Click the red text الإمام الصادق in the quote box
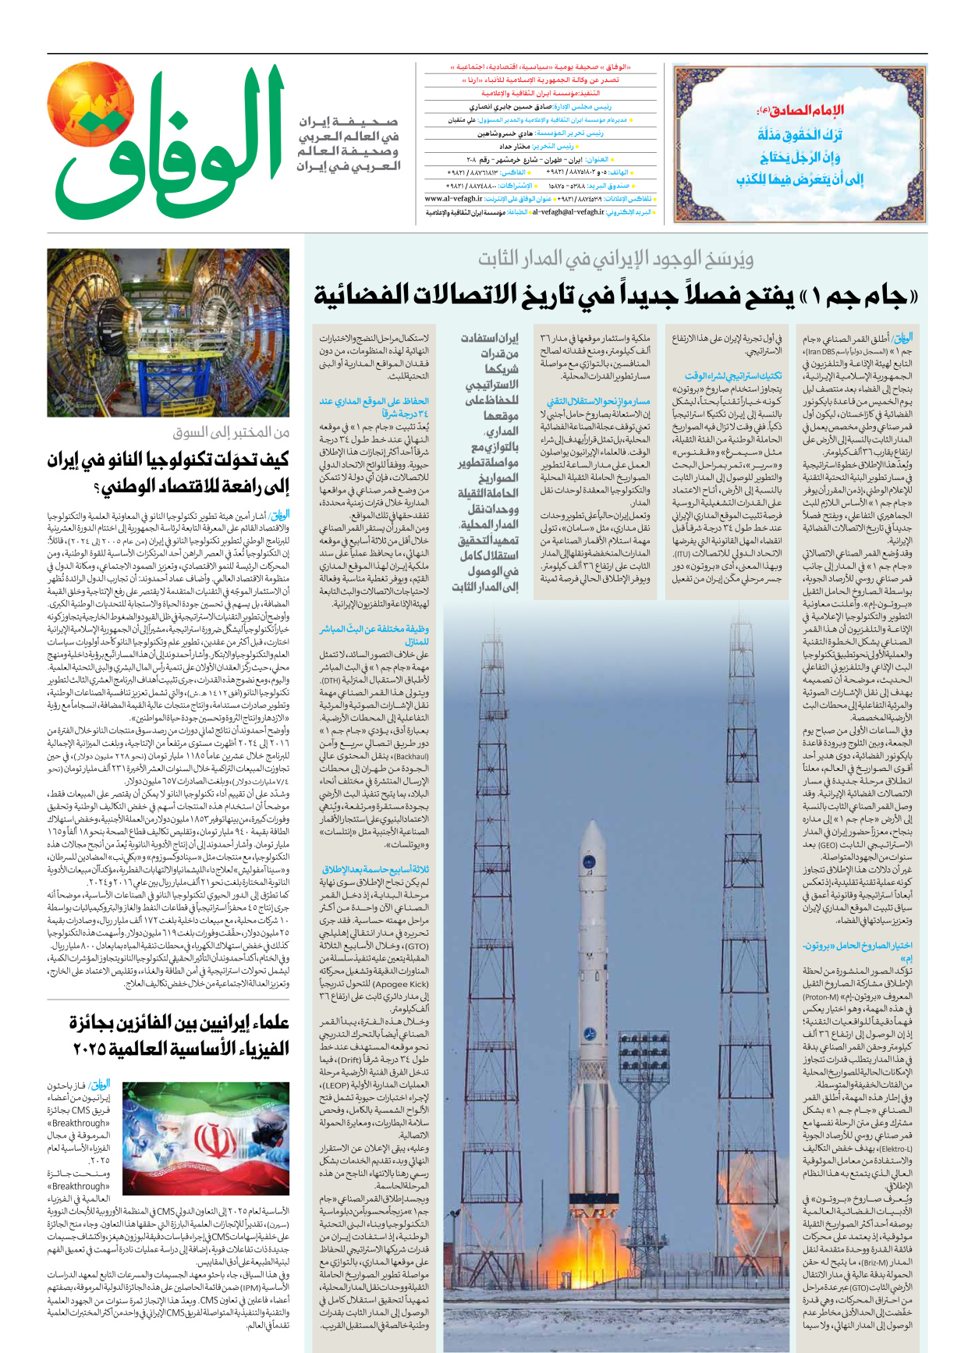click(800, 110)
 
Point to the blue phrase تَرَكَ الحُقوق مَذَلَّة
click(800, 134)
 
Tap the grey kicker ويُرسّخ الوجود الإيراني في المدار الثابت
click(616, 258)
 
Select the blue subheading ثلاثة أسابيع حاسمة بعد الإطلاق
click(374, 869)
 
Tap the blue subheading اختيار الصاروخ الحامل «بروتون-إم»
click(858, 951)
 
